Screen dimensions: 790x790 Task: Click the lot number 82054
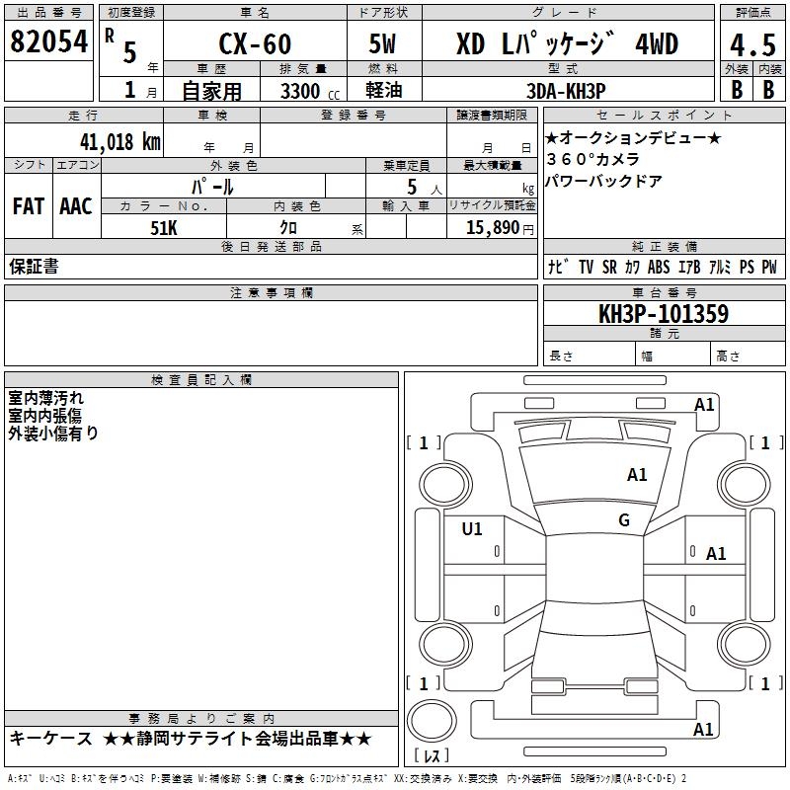48,42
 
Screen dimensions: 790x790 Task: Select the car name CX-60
254,44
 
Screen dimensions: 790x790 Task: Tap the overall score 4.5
750,44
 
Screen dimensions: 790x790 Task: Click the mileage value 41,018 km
116,141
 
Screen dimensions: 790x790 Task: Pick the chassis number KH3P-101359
664,314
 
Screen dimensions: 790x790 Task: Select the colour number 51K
163,226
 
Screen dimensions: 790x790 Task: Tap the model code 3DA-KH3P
566,91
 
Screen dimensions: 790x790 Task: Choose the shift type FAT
28,206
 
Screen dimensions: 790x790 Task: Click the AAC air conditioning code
76,206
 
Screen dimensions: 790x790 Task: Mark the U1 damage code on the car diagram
472,529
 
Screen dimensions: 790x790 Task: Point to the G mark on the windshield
624,520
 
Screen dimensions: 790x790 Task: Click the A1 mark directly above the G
637,475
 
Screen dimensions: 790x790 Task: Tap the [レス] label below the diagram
432,756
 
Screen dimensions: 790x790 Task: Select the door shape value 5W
386,44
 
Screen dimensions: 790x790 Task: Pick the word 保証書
34,266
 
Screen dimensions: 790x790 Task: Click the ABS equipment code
659,267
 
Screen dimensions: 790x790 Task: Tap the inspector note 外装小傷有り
53,433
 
